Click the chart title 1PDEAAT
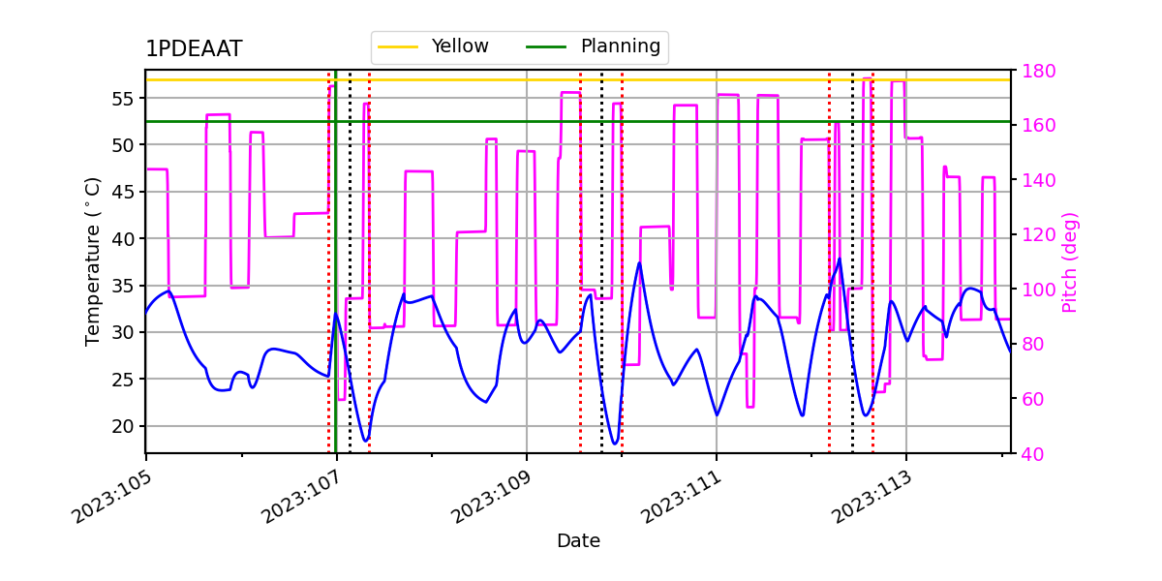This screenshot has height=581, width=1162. [x=194, y=49]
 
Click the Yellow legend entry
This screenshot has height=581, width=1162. [x=460, y=46]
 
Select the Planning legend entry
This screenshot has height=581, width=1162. [x=620, y=46]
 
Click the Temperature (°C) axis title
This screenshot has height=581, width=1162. [x=93, y=261]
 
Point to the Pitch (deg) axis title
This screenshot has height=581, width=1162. [x=1070, y=261]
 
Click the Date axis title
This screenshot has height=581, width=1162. [x=578, y=541]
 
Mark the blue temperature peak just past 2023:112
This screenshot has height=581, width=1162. [x=839, y=259]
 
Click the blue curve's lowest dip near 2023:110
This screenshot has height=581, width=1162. [x=615, y=443]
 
